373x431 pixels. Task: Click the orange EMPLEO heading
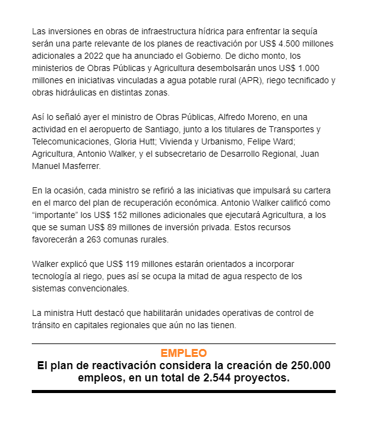pos(183,353)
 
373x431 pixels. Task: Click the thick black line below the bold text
pos(183,391)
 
